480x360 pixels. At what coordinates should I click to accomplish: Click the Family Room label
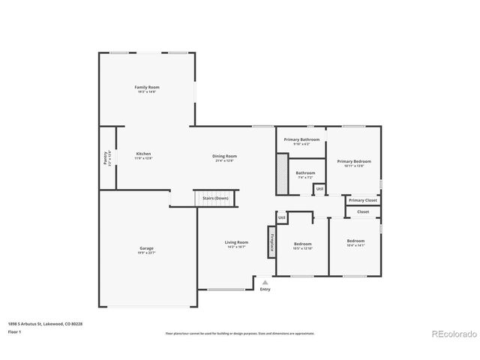click(x=147, y=88)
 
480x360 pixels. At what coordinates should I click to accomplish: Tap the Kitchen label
click(x=143, y=154)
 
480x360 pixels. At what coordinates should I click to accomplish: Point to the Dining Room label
click(x=224, y=156)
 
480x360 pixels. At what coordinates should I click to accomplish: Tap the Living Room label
click(x=236, y=242)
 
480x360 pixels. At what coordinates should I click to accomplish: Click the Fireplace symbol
click(x=271, y=241)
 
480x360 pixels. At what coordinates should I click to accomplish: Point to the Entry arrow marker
click(x=265, y=282)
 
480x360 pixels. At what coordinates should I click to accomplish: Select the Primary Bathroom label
click(x=302, y=139)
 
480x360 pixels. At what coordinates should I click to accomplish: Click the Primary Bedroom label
click(x=354, y=161)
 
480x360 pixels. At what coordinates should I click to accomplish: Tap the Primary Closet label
click(x=363, y=200)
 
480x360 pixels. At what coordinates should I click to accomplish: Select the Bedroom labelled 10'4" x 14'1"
click(x=355, y=241)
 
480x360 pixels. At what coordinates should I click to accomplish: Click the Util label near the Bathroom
click(x=319, y=188)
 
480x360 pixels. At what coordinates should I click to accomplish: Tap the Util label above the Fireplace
click(x=282, y=218)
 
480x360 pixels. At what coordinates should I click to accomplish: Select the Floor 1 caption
click(x=14, y=331)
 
